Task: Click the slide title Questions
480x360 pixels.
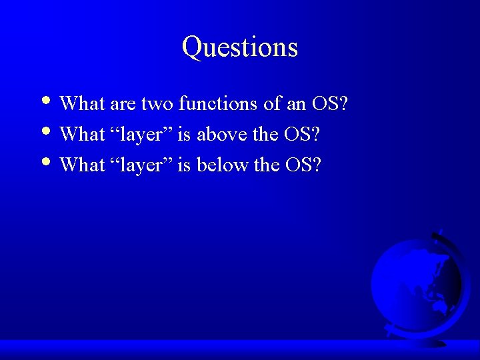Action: pyautogui.click(x=239, y=47)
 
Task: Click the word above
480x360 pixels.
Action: pyautogui.click(x=221, y=135)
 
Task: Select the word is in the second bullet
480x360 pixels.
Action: pyautogui.click(x=184, y=135)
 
